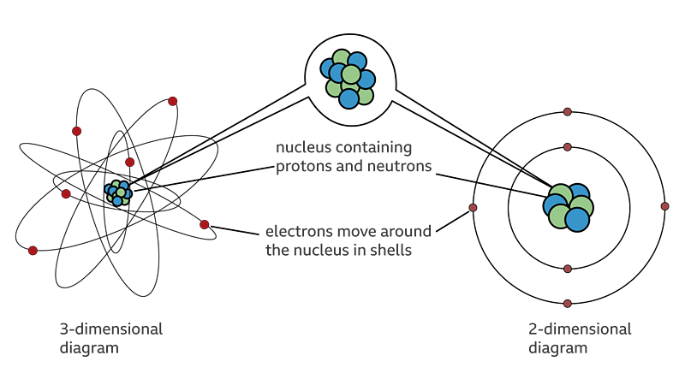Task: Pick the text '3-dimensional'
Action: [x=111, y=329]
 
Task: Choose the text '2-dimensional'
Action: [x=580, y=329]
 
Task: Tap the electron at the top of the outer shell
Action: [x=568, y=112]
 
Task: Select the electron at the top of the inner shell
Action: [x=568, y=147]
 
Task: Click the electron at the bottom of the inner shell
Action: [x=568, y=269]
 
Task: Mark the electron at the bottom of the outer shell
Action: [x=568, y=304]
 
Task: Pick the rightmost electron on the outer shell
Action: [x=665, y=206]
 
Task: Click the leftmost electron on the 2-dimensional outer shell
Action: [x=473, y=208]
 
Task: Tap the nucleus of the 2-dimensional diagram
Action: [x=568, y=207]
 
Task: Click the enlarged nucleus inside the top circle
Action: [x=348, y=79]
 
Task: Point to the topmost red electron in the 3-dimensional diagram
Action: [x=173, y=101]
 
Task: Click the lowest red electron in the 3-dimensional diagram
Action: [x=33, y=251]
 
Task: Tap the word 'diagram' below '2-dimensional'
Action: [x=558, y=349]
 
